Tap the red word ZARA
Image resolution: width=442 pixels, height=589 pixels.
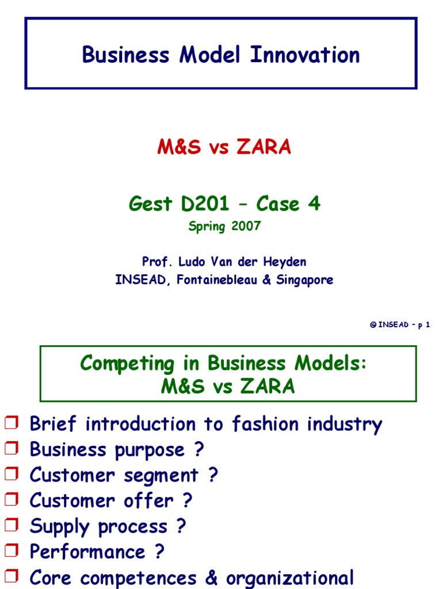264,148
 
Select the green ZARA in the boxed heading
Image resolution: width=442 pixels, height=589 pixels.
266,387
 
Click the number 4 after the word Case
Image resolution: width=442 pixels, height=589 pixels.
314,204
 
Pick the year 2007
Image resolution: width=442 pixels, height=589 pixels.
246,226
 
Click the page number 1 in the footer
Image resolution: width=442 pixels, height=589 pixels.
428,325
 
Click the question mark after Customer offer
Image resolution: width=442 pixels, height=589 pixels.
186,501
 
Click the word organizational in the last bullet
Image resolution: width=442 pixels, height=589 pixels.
289,577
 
